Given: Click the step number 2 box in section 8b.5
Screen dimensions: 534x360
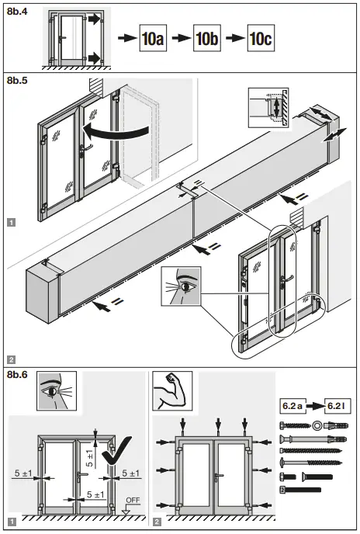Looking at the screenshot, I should [11, 359].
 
